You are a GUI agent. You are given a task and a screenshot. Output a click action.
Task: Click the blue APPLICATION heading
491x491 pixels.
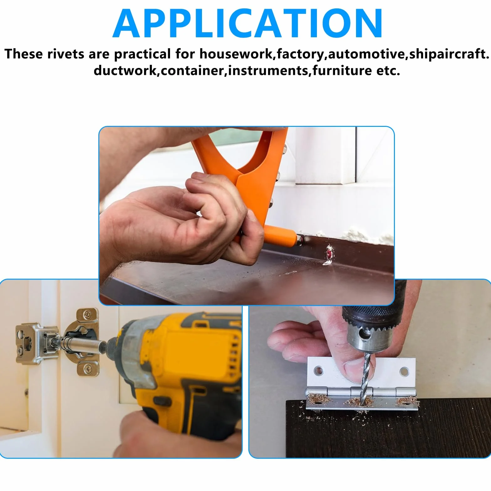point(247,23)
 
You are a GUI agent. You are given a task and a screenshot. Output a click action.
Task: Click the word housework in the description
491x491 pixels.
point(236,54)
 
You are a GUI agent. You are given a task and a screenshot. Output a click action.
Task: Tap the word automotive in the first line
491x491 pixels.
point(366,54)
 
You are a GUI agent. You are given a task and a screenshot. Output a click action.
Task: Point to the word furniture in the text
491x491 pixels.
point(342,70)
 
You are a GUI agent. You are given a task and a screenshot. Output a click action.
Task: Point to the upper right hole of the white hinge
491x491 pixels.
point(404,372)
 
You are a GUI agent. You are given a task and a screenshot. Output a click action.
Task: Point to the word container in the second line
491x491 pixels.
point(192,70)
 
